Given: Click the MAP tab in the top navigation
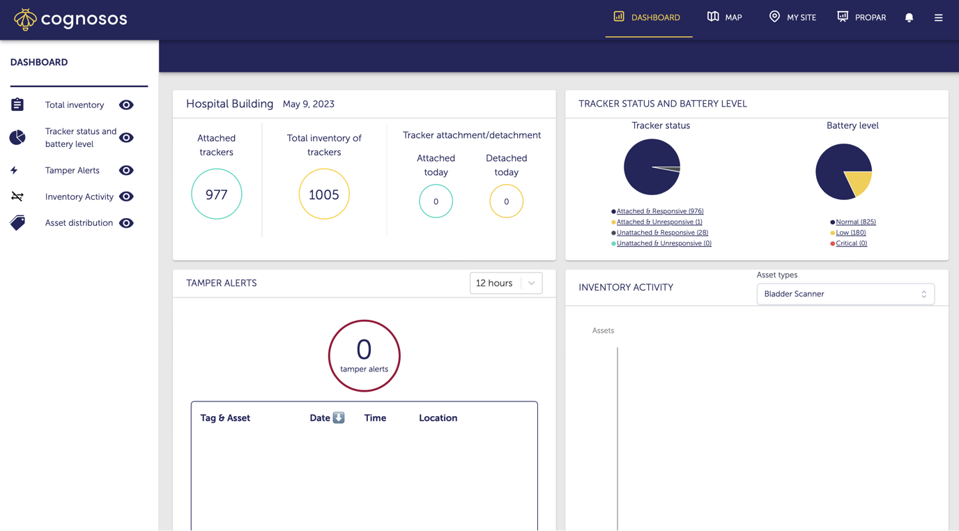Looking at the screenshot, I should (x=724, y=17).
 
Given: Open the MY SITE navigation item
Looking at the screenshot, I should (x=792, y=17).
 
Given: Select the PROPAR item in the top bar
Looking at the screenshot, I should (x=861, y=17).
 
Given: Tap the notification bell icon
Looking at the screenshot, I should (x=909, y=18).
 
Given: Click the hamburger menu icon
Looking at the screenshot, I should (x=938, y=18).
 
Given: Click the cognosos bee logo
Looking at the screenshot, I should (x=25, y=19).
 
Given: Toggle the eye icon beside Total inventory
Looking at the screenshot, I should (x=126, y=105).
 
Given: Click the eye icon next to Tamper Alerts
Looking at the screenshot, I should (x=126, y=171).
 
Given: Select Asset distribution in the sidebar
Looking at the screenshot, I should (x=79, y=223).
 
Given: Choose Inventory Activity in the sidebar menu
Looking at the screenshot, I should (x=79, y=197).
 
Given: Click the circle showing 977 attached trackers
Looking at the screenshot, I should (x=217, y=194).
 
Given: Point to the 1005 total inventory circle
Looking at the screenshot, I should (x=324, y=194).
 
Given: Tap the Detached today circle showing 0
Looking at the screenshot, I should (x=506, y=201).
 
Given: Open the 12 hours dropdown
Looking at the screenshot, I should (x=506, y=284).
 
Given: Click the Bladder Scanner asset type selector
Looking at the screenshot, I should (x=845, y=294).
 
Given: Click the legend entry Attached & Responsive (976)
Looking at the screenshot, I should (x=659, y=211).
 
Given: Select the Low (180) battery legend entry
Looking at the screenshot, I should (x=850, y=233).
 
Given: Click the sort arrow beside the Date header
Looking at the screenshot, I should (x=339, y=417).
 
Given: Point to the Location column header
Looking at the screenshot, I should (x=438, y=418).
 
